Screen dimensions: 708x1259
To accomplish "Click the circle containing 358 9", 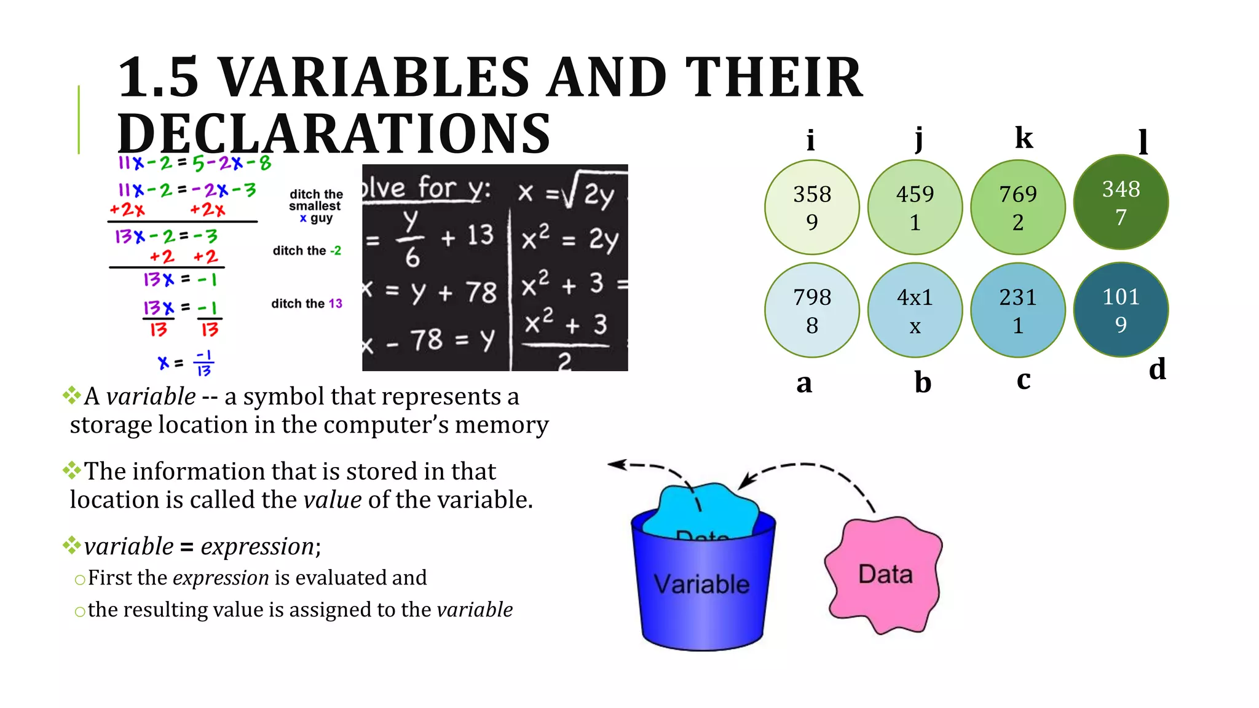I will pos(812,207).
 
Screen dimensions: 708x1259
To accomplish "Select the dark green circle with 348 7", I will pos(1121,202).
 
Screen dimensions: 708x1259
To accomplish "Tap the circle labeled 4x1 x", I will pos(915,310).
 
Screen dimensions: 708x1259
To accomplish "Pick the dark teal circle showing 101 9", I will pos(1121,310).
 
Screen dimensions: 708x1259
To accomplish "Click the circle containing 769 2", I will pos(1017,207).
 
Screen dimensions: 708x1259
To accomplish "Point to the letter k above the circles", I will pos(1024,137).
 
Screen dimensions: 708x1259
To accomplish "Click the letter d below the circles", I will pos(1157,369).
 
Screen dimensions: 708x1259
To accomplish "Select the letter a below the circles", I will pos(804,383).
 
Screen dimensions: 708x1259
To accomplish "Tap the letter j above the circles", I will pos(918,139).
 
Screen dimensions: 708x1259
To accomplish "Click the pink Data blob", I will pos(884,575).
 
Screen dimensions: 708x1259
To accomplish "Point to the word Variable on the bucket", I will pos(701,584).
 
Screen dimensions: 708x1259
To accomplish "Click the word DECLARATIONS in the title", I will pos(334,133).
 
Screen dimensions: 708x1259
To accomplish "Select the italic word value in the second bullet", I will pos(333,500).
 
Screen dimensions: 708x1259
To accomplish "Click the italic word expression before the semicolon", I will pos(258,546).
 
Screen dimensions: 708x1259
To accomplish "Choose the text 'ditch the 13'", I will pos(307,304).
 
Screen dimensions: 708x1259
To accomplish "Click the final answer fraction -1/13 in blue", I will pos(203,363).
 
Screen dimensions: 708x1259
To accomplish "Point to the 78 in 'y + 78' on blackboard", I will pos(481,292).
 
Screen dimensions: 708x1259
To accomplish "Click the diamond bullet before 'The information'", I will pos(72,471).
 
